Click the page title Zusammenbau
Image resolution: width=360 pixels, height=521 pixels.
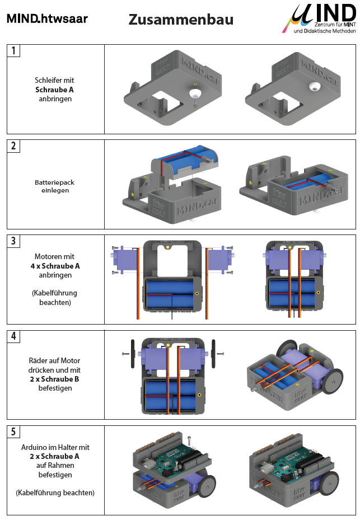tap(181, 20)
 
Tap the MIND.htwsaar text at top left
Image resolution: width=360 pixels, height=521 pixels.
tap(47, 18)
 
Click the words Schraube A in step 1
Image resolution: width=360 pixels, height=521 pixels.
tap(54, 90)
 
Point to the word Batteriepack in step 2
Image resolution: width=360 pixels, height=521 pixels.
tap(54, 182)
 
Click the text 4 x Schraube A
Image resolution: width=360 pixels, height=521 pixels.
tap(55, 266)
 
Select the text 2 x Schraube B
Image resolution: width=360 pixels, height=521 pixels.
tap(55, 379)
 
